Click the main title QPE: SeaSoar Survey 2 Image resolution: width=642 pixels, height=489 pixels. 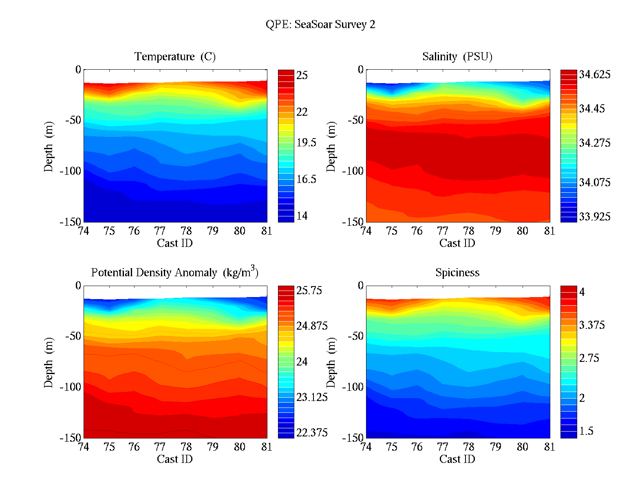pyautogui.click(x=320, y=24)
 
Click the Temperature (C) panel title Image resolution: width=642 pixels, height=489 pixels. pyautogui.click(x=175, y=56)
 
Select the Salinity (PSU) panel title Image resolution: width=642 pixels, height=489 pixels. pyautogui.click(x=457, y=56)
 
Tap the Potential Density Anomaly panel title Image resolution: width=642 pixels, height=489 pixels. pyautogui.click(x=174, y=272)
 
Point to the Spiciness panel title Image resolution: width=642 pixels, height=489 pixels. pyautogui.click(x=457, y=272)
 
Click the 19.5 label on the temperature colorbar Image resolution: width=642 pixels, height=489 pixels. pyautogui.click(x=306, y=142)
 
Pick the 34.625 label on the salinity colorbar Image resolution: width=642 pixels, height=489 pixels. pyautogui.click(x=595, y=75)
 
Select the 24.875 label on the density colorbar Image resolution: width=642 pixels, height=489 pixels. pyautogui.click(x=312, y=326)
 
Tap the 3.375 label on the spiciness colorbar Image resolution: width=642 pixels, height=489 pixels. pyautogui.click(x=592, y=325)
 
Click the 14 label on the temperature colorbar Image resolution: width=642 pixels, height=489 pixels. pyautogui.click(x=302, y=216)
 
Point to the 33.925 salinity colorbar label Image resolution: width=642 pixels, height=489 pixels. pyautogui.click(x=595, y=217)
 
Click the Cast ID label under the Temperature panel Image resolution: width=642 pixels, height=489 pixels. pyautogui.click(x=174, y=243)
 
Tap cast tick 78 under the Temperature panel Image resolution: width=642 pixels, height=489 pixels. pyautogui.click(x=186, y=231)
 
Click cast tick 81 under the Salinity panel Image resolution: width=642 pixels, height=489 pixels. pyautogui.click(x=549, y=231)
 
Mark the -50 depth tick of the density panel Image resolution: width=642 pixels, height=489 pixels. pyautogui.click(x=73, y=336)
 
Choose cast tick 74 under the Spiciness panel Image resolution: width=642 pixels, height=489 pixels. pyautogui.click(x=366, y=447)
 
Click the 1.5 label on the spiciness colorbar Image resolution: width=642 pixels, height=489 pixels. pyautogui.click(x=586, y=431)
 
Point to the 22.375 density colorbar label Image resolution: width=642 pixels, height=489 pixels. pyautogui.click(x=312, y=433)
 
